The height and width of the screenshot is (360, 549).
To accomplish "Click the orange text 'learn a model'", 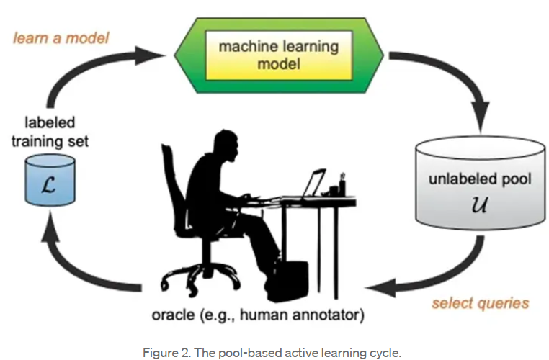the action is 61,37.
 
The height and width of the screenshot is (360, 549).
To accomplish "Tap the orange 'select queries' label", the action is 481,303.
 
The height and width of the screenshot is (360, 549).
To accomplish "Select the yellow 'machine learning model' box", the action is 279,55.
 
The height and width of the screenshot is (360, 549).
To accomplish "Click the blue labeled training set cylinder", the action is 50,180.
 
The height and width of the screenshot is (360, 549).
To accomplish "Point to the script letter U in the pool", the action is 479,204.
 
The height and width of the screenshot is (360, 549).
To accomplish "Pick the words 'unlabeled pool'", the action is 480,179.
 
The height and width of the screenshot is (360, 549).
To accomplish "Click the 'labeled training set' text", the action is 50,132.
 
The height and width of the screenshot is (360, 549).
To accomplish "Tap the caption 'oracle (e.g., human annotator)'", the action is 258,315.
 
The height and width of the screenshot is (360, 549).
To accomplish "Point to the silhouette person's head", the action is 226,143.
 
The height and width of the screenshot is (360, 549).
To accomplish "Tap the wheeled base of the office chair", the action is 200,276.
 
